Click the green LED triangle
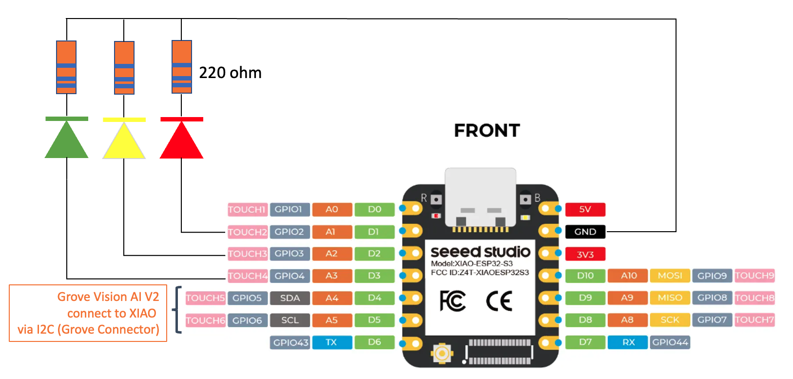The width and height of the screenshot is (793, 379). point(66,141)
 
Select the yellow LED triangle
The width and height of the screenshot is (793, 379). point(124,142)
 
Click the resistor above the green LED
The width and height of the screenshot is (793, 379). point(66,67)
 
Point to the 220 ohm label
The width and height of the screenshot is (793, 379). point(230,73)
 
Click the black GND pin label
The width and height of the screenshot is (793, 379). point(585,232)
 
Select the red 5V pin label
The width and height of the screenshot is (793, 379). point(585,209)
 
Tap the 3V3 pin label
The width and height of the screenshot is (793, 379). point(585,254)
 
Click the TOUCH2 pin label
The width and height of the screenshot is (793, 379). point(248,232)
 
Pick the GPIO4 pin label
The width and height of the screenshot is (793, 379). point(290,276)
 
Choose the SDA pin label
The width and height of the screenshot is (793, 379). point(290,298)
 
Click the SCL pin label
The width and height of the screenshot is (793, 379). point(290,320)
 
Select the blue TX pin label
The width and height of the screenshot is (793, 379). point(331,342)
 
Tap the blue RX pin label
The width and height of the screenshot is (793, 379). point(628,342)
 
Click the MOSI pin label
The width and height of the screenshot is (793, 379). point(670,276)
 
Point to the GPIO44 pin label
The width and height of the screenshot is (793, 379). point(670,342)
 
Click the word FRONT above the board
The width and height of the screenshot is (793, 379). point(487,131)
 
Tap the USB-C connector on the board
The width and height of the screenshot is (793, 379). point(481,198)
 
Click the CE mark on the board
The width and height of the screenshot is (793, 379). point(499,301)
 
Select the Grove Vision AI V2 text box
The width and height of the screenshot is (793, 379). point(88,313)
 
